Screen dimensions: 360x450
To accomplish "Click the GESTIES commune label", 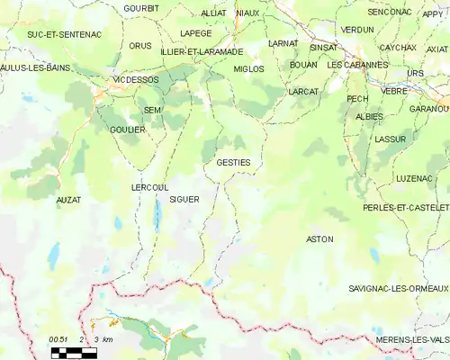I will pyautogui.click(x=233, y=162).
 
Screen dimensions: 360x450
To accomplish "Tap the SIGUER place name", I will pyautogui.click(x=184, y=199).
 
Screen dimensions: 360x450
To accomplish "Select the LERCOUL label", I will pyautogui.click(x=149, y=186).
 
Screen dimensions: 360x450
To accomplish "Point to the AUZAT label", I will pyautogui.click(x=67, y=199).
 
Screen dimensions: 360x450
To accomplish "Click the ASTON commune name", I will pyautogui.click(x=319, y=239).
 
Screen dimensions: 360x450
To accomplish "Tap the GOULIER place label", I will pyautogui.click(x=128, y=130).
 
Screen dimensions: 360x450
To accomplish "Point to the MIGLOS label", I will pyautogui.click(x=247, y=68).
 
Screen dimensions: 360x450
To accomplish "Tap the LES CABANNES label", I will pyautogui.click(x=357, y=65).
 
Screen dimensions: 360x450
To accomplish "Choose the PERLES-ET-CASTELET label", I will pyautogui.click(x=406, y=207).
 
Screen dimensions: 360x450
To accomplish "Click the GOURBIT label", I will pyautogui.click(x=141, y=8).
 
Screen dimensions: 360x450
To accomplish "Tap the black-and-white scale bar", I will pyautogui.click(x=73, y=352).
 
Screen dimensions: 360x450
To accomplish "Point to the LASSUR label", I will pyautogui.click(x=391, y=139).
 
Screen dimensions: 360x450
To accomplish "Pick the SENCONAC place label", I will pyautogui.click(x=389, y=12).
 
